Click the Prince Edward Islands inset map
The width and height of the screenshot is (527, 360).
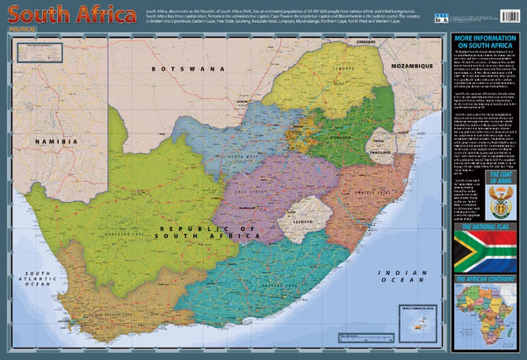(416, 322)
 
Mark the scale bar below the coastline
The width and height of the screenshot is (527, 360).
(290, 328)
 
